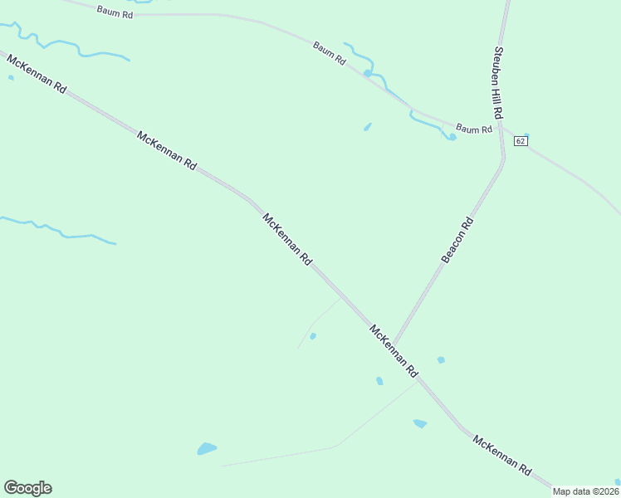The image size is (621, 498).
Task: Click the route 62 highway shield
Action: pos(521,141)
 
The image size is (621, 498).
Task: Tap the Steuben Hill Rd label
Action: pos(498,81)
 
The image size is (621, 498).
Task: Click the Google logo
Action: pos(27,488)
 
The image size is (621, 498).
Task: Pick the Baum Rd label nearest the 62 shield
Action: pos(474,129)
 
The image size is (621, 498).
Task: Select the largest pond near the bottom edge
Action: pos(207,449)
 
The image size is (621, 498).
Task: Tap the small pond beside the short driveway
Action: pos(312,336)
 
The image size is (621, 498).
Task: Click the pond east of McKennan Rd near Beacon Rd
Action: pos(441,360)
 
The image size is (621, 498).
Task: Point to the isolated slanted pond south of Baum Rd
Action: pos(367,127)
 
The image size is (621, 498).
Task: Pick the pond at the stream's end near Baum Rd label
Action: pos(452,137)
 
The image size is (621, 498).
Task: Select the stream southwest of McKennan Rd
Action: pos(58,230)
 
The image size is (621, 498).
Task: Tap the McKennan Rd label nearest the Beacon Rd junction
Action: pos(393,352)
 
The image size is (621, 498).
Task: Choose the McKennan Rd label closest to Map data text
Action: pos(501,454)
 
